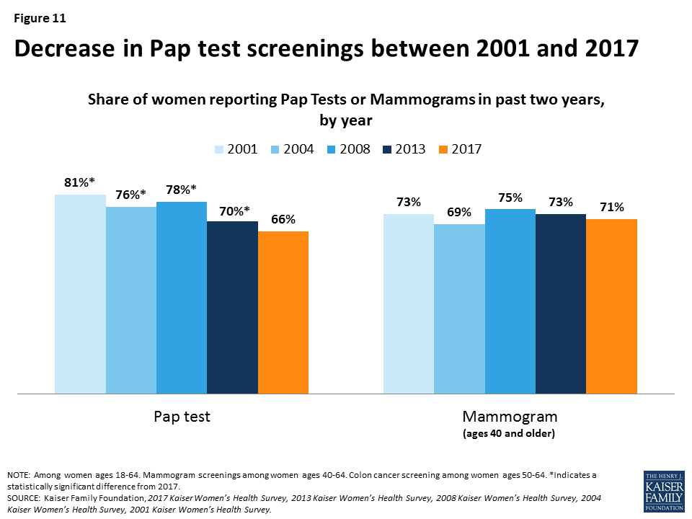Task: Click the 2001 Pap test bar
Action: pyautogui.click(x=81, y=294)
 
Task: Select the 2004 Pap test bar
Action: pyautogui.click(x=131, y=300)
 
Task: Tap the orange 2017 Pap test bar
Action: pyautogui.click(x=283, y=312)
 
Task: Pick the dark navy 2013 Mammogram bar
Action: pyautogui.click(x=561, y=303)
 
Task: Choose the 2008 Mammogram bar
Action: pyautogui.click(x=510, y=301)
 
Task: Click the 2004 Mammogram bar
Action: pyautogui.click(x=459, y=309)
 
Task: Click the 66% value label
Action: pyautogui.click(x=282, y=220)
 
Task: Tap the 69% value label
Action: pyautogui.click(x=458, y=213)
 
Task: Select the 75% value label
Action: pyautogui.click(x=510, y=198)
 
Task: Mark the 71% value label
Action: pyautogui.click(x=611, y=208)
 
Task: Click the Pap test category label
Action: pyautogui.click(x=182, y=417)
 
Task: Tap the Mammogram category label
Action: pyautogui.click(x=510, y=417)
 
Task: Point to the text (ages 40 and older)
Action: pyautogui.click(x=510, y=434)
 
